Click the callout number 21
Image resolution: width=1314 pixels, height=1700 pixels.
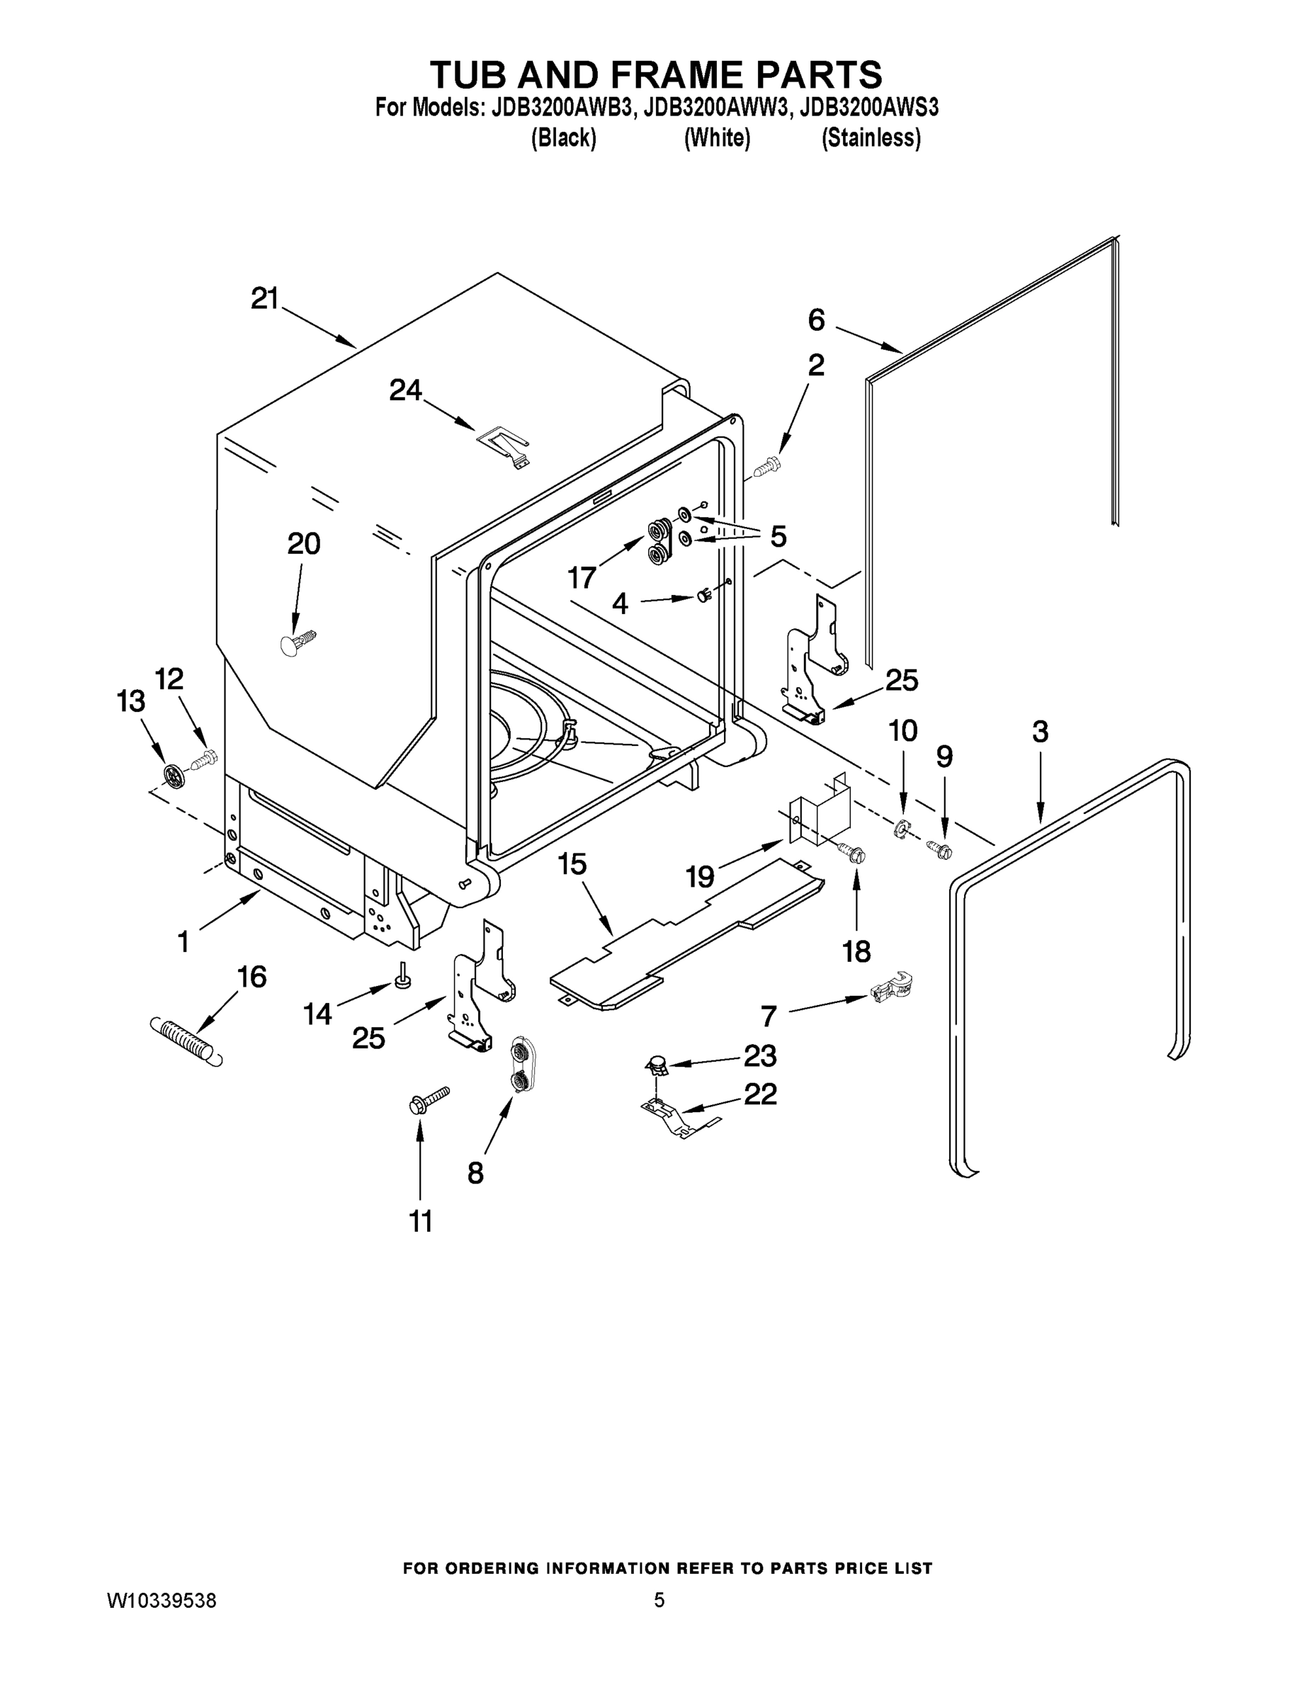point(264,299)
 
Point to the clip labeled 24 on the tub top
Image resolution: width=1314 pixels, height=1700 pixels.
point(504,447)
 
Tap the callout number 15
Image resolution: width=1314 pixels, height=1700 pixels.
point(572,864)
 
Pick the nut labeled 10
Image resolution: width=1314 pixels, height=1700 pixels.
point(900,829)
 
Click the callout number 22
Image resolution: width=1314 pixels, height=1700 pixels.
point(760,1094)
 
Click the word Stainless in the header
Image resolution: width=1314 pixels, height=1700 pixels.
point(871,139)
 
